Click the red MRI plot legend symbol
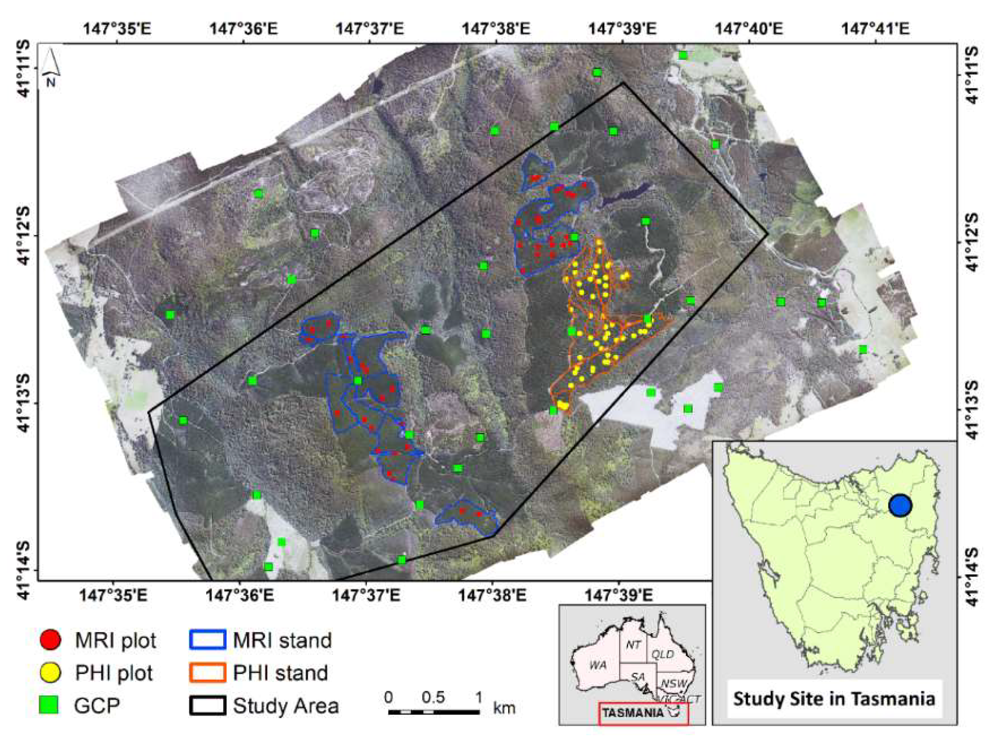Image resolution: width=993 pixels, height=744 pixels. coord(50,640)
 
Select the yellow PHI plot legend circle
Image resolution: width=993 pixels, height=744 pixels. coord(50,672)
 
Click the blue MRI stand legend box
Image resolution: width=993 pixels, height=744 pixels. coord(207,640)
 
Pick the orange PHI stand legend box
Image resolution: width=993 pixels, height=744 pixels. coord(207,672)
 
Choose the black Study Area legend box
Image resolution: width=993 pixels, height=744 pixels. coord(207,705)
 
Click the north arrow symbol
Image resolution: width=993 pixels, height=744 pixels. coord(51,67)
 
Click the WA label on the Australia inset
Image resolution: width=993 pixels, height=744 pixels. coord(598,665)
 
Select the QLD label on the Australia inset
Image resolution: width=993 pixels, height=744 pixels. coord(662,654)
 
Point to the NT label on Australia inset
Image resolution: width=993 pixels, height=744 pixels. coord(633,645)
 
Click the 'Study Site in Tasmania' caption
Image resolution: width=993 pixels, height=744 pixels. coord(834,699)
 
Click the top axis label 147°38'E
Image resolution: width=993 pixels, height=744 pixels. coord(496,29)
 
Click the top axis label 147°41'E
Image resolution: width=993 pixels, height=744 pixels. coord(876,29)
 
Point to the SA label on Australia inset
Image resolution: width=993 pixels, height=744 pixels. coord(637,676)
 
